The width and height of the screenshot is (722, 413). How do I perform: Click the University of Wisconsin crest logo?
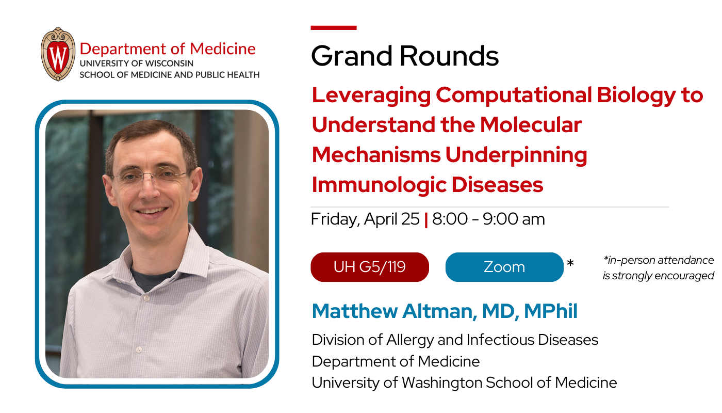[58, 54]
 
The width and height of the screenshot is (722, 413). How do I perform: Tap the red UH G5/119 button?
[369, 267]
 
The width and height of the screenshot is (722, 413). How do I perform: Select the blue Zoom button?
[504, 267]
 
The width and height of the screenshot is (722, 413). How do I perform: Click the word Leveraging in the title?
[371, 96]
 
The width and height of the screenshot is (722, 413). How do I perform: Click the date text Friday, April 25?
[365, 219]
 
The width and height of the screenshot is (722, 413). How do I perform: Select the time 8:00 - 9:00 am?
[488, 219]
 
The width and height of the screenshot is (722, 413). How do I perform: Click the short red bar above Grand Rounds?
[333, 27]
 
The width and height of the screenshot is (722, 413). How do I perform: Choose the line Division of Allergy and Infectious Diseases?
[455, 340]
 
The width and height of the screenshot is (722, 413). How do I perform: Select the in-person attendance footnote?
[658, 268]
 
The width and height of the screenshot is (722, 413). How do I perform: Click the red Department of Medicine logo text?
[168, 49]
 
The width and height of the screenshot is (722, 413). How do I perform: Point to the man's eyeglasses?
[150, 178]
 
